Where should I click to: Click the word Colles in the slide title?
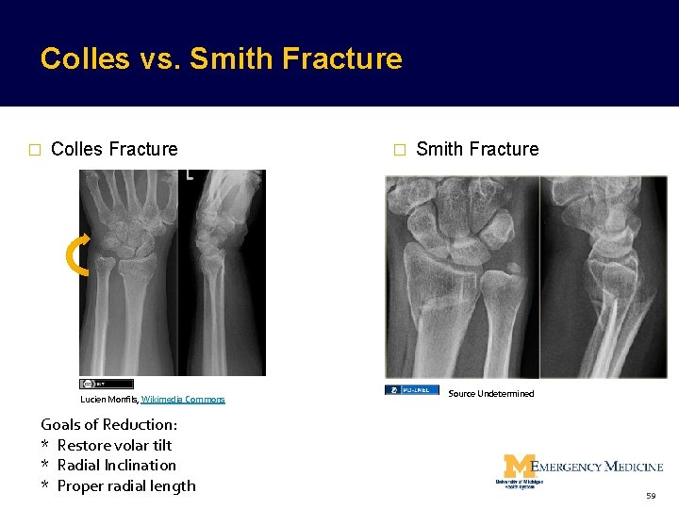tap(85, 59)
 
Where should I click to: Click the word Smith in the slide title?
tap(224, 59)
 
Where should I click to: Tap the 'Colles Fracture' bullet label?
tap(114, 149)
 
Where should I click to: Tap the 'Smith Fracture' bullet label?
tap(477, 149)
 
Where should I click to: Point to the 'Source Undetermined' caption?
tap(490, 394)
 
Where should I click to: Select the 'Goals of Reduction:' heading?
tap(108, 424)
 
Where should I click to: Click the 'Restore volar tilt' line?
tap(114, 445)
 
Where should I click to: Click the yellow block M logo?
tap(518, 467)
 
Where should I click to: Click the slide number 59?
tap(651, 496)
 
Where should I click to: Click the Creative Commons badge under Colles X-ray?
tap(106, 384)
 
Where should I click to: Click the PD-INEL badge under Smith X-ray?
tap(411, 389)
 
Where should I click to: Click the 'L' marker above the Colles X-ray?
tap(190, 174)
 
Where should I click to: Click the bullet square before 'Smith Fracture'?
tap(399, 150)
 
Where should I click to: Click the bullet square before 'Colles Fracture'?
tap(34, 150)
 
